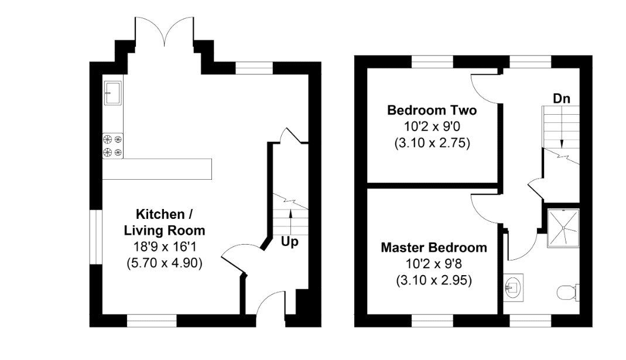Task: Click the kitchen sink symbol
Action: pyautogui.click(x=112, y=93)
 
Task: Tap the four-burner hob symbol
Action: pyautogui.click(x=112, y=146)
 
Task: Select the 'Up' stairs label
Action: pyautogui.click(x=290, y=241)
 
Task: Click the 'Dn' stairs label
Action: pyautogui.click(x=562, y=98)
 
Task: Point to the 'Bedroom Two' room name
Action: pyautogui.click(x=432, y=110)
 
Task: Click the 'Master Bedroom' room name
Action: pyautogui.click(x=433, y=248)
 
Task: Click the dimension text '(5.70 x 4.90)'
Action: pyautogui.click(x=164, y=263)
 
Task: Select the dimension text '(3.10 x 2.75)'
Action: pyautogui.click(x=432, y=142)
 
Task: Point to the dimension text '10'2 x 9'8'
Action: pyautogui.click(x=433, y=264)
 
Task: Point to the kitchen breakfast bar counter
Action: pyautogui.click(x=157, y=169)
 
